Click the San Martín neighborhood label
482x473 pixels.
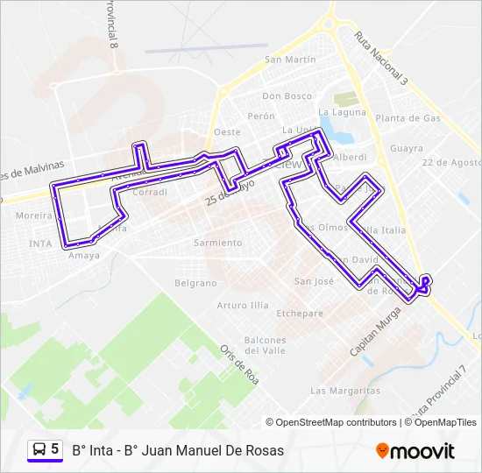click(290, 60)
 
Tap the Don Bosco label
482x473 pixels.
click(287, 96)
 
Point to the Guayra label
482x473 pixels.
click(407, 148)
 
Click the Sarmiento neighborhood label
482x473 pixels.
click(217, 243)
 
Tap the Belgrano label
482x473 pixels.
click(195, 283)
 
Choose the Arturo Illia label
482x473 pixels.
click(243, 306)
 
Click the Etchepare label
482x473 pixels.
click(300, 313)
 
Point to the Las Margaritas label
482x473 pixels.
click(345, 390)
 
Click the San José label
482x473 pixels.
click(314, 281)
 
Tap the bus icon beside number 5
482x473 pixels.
click(39, 449)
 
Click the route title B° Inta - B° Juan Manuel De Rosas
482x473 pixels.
click(178, 450)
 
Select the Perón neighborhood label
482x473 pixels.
click(261, 116)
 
